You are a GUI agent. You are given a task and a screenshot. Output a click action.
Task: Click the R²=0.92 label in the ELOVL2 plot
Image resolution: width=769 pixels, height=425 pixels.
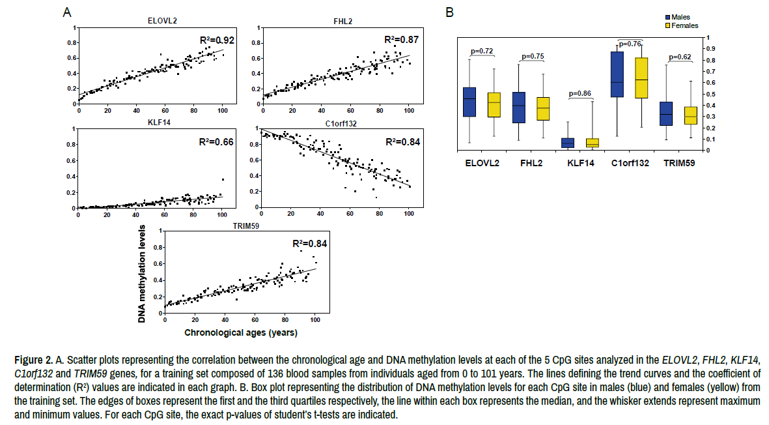(x=216, y=40)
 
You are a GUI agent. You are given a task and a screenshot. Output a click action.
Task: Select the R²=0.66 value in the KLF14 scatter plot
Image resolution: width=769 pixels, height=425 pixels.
(x=216, y=142)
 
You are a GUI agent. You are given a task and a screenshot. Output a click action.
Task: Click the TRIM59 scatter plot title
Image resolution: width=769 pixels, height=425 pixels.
(x=245, y=225)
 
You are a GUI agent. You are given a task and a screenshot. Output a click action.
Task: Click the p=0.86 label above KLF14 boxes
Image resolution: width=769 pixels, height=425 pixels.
(x=580, y=93)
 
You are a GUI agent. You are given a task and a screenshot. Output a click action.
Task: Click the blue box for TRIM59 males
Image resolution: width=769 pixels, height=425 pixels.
(x=666, y=113)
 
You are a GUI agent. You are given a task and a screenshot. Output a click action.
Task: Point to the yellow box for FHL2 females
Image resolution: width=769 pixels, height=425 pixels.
(x=542, y=108)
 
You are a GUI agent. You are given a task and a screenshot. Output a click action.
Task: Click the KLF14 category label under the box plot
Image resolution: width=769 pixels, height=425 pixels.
(x=580, y=163)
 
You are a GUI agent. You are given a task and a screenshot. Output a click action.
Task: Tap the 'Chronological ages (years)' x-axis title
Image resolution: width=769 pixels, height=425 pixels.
(x=241, y=333)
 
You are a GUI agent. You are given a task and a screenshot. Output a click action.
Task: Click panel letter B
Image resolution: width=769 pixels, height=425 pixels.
(x=449, y=12)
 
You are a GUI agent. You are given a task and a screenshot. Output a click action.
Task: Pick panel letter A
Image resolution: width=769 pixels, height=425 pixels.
(x=67, y=12)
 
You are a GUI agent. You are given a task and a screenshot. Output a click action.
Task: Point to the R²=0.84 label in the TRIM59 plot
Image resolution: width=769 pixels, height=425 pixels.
(x=309, y=244)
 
